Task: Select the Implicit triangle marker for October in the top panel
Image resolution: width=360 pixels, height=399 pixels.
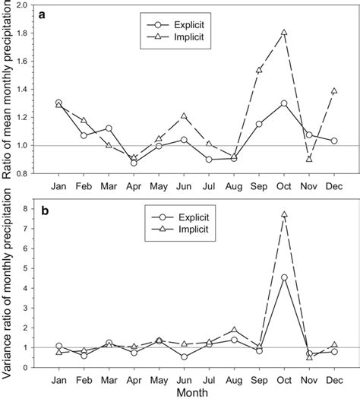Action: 284,33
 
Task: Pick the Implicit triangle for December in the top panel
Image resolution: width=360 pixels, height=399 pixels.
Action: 334,90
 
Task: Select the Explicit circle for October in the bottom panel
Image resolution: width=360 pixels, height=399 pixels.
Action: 284,277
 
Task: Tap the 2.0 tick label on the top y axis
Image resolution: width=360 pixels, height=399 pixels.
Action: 24,5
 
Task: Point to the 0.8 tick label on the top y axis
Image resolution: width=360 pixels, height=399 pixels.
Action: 24,173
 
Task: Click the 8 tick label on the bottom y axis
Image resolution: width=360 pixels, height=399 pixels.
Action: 29,208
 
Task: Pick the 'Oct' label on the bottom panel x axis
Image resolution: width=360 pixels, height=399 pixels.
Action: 284,378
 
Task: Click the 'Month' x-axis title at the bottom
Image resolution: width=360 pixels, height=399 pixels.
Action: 196,391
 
